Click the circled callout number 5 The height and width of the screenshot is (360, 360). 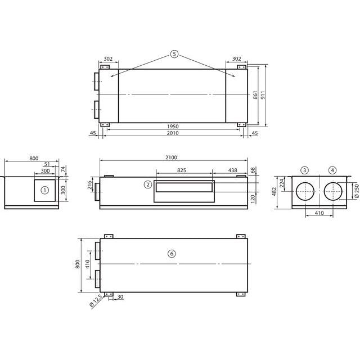tap(174, 54)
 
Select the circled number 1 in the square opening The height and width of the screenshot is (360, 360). tap(45, 190)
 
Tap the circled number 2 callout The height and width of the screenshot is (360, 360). tap(148, 184)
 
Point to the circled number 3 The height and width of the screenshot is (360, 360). tap(304, 170)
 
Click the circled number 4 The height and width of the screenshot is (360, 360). tap(332, 170)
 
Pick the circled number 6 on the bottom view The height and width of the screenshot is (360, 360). tap(172, 254)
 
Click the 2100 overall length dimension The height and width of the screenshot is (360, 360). tap(171, 157)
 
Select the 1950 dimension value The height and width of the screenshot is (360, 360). tap(173, 127)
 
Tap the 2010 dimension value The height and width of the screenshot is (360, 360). tap(173, 133)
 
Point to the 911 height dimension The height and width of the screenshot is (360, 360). tap(263, 95)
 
